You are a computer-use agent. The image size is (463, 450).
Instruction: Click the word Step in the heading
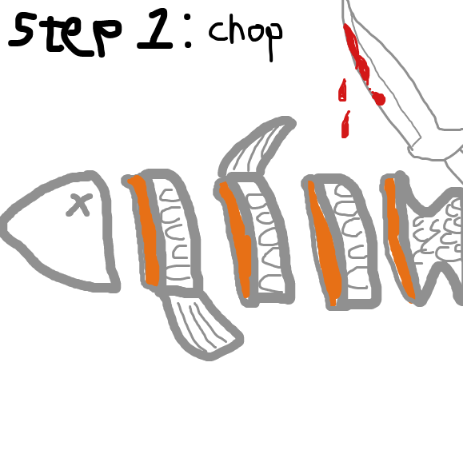(x=65, y=34)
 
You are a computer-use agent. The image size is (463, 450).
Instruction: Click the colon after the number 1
(x=188, y=34)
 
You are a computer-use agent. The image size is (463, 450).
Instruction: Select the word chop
(x=245, y=35)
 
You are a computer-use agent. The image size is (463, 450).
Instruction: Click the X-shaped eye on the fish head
(x=79, y=205)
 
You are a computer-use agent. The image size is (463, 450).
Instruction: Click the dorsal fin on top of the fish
(x=257, y=145)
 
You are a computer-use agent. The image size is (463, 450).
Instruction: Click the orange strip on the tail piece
(x=399, y=239)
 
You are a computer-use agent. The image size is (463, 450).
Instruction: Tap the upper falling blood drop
(x=342, y=90)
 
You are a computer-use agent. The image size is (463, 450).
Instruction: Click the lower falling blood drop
(x=345, y=125)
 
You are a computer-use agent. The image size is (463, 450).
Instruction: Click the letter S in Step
(x=21, y=30)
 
